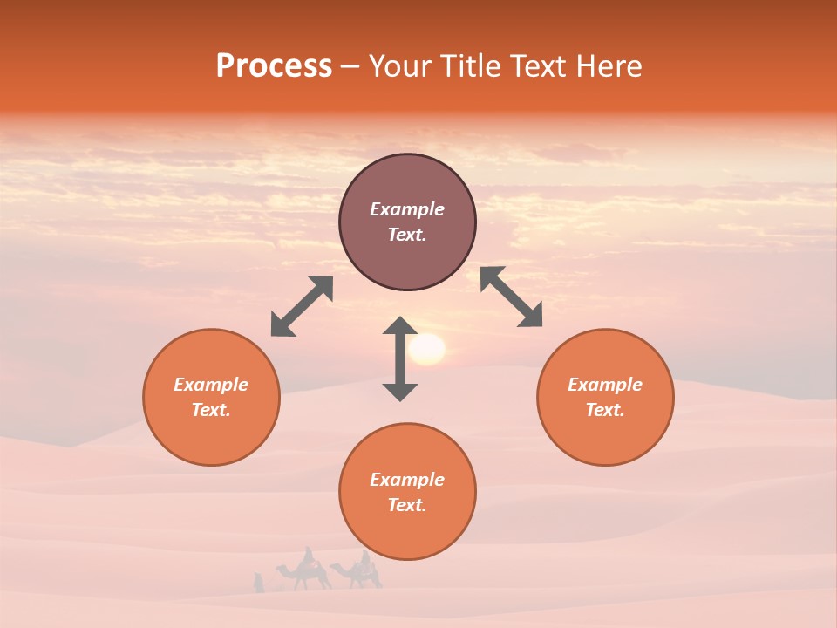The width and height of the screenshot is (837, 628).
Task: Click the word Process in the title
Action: click(x=274, y=66)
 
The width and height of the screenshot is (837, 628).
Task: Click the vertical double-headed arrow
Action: click(x=400, y=358)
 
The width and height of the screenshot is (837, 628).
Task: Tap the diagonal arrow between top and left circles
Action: click(x=302, y=306)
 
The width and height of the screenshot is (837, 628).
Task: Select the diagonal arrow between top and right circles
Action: click(x=512, y=297)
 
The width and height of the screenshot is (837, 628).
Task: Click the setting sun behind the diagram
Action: click(x=427, y=349)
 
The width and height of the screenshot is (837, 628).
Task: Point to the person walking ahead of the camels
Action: click(x=258, y=583)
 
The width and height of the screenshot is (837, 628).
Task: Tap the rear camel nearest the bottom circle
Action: click(x=358, y=572)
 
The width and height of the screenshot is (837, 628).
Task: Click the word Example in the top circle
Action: click(x=407, y=209)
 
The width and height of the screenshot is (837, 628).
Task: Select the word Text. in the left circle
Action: click(x=211, y=410)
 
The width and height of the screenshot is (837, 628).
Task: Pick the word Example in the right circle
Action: click(x=605, y=385)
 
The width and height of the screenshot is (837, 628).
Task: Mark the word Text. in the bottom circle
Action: click(x=407, y=505)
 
